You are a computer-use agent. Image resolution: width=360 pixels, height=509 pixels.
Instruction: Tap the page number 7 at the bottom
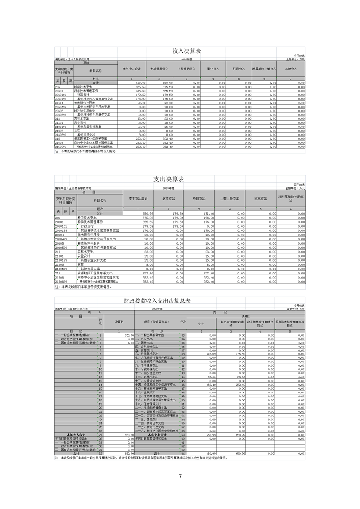tap(180, 476)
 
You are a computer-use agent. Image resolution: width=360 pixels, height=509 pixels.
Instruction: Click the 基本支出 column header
tap(168, 198)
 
